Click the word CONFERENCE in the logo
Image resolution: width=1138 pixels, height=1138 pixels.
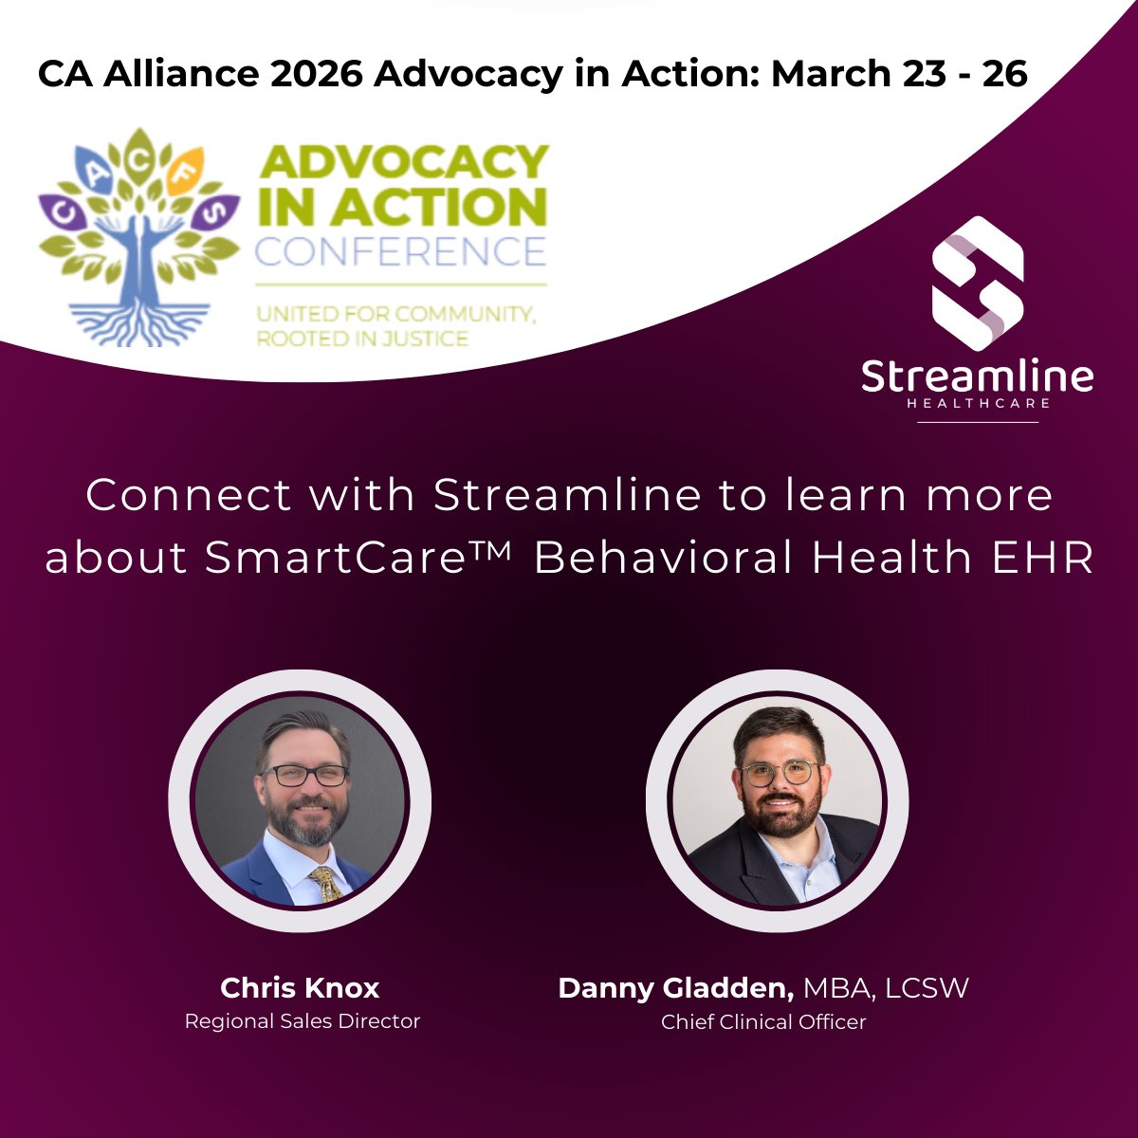(400, 251)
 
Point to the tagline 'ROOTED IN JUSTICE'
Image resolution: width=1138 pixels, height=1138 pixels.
(362, 338)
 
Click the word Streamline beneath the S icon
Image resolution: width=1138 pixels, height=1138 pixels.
(977, 376)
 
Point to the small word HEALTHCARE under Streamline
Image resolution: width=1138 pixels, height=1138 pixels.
(978, 403)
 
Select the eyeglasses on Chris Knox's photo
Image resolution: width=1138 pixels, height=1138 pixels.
(304, 775)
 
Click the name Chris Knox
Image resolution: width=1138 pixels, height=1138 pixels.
(300, 988)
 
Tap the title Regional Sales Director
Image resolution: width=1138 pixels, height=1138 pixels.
(302, 1021)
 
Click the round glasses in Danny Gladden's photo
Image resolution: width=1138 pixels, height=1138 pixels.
(780, 773)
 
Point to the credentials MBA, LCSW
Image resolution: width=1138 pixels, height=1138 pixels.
(886, 988)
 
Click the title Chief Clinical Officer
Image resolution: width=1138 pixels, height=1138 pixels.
(763, 1022)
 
